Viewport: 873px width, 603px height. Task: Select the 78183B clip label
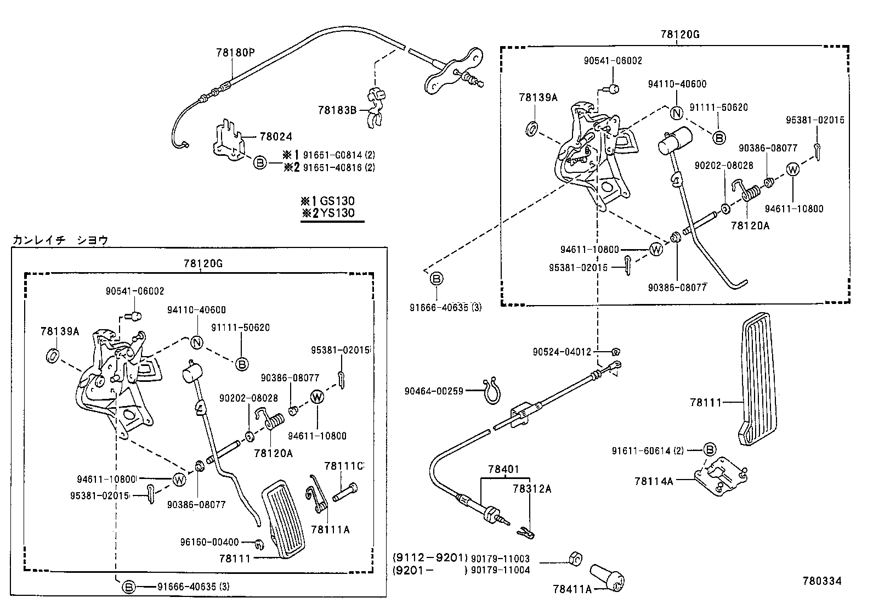pos(337,110)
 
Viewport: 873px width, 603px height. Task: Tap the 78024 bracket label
pos(276,136)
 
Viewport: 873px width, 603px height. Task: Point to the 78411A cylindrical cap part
pos(607,577)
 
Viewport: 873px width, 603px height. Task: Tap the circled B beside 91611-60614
pos(710,450)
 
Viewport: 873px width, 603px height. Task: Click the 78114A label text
pos(653,481)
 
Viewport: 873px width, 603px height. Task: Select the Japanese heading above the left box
pos(60,240)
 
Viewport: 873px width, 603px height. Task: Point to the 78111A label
pos(330,529)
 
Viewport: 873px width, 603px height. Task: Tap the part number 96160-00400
pos(209,542)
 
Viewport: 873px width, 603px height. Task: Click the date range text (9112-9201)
pos(430,557)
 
